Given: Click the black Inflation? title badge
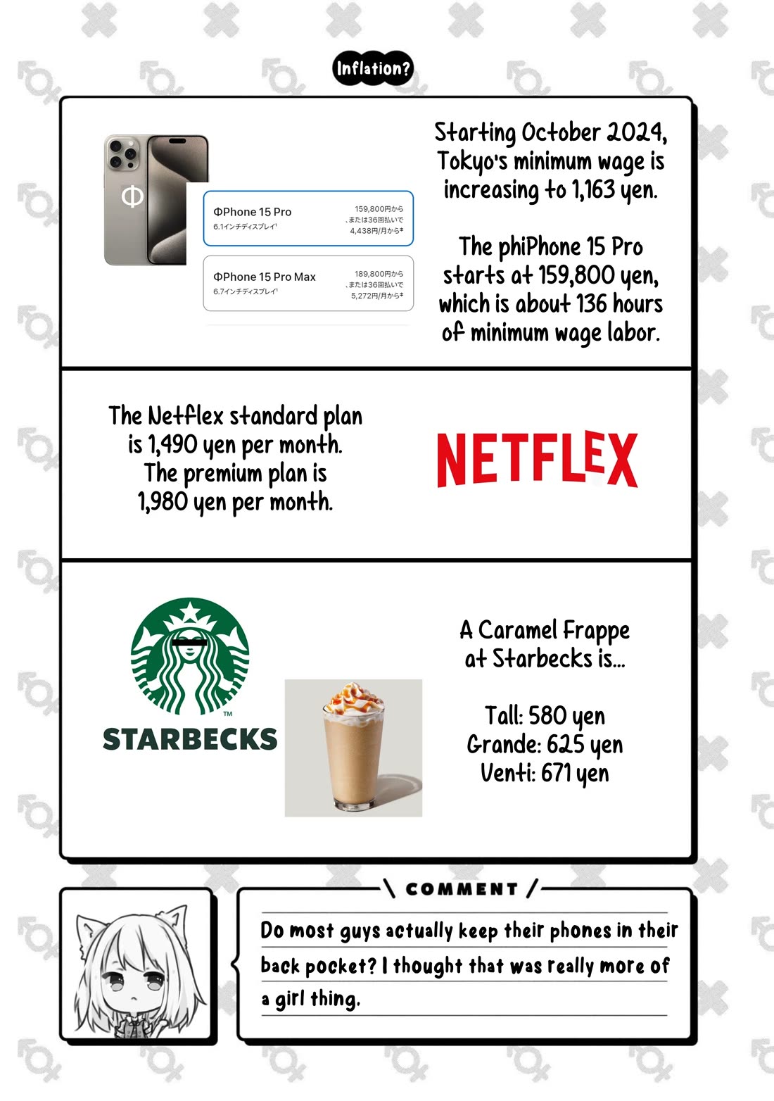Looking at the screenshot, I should pyautogui.click(x=372, y=69).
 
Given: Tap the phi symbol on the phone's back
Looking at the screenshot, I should pyautogui.click(x=132, y=196).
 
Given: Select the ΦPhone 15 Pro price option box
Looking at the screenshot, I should pyautogui.click(x=307, y=218).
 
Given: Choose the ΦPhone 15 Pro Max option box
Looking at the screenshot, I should pyautogui.click(x=307, y=283).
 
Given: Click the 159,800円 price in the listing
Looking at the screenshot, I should pyautogui.click(x=379, y=209).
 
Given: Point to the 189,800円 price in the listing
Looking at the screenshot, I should pyautogui.click(x=379, y=274).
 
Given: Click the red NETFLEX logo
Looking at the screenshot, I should pyautogui.click(x=537, y=460).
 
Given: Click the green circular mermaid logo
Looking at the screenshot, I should pyautogui.click(x=190, y=656).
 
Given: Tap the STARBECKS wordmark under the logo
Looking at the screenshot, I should pyautogui.click(x=190, y=739).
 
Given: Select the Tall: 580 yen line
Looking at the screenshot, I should pyautogui.click(x=545, y=716).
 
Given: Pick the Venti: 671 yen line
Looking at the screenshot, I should pyautogui.click(x=545, y=773).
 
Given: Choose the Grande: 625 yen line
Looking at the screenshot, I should pyautogui.click(x=545, y=744).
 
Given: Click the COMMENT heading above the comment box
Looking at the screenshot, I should pyautogui.click(x=462, y=889).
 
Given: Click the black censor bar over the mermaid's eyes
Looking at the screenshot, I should pyautogui.click(x=190, y=642).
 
